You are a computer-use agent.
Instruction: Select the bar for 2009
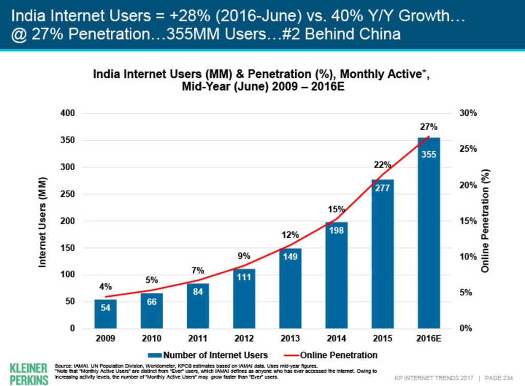point(106,314)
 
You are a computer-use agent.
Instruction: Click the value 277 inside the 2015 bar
point(382,188)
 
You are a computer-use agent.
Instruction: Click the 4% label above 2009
point(106,287)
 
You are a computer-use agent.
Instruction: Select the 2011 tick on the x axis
point(198,338)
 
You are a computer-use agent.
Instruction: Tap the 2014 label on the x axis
point(336,338)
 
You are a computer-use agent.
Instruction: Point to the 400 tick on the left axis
point(68,113)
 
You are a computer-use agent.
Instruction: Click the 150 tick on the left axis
point(68,248)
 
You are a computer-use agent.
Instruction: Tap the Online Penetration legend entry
point(332,355)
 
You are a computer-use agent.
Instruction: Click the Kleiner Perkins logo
point(29,373)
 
